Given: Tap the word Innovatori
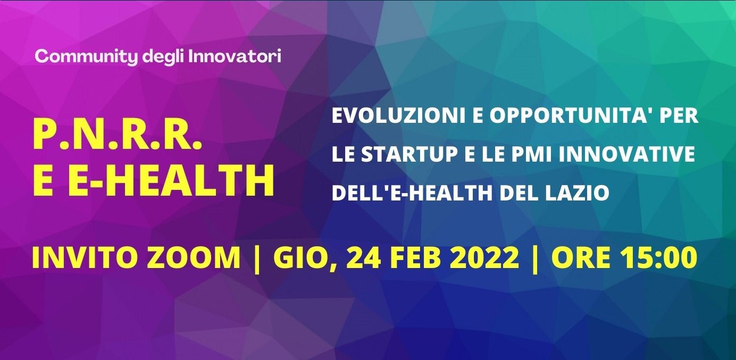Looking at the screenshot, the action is tap(235, 56).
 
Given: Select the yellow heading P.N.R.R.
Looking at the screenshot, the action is tap(117, 137).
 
